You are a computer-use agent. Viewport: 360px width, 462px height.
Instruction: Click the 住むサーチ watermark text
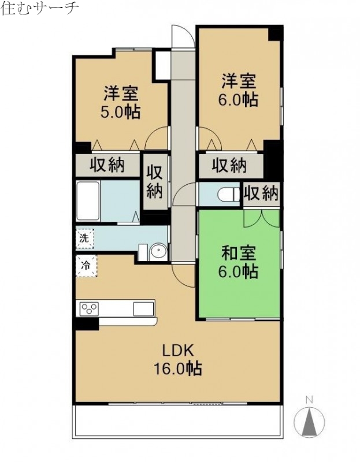pos(40,9)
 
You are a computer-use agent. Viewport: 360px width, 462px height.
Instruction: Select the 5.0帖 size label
pos(120,111)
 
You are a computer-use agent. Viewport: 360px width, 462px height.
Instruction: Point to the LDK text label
pos(180,351)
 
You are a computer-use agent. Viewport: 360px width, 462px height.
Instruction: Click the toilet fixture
pos(229,194)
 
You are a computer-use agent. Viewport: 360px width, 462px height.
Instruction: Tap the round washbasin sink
pos(157,251)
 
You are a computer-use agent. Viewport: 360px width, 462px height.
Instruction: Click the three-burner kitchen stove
pos(90,308)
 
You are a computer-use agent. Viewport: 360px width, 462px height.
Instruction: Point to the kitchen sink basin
pos(143,308)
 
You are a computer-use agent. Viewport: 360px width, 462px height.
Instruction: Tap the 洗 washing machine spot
pos(84,237)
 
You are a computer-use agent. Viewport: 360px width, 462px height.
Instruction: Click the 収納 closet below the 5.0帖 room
pos(107,165)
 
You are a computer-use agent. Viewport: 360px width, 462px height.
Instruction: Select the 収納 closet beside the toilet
pos(261,193)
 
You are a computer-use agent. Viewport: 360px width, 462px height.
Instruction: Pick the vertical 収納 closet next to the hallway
pos(154,182)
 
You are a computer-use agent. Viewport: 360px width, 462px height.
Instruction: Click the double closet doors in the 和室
pos(262,219)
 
